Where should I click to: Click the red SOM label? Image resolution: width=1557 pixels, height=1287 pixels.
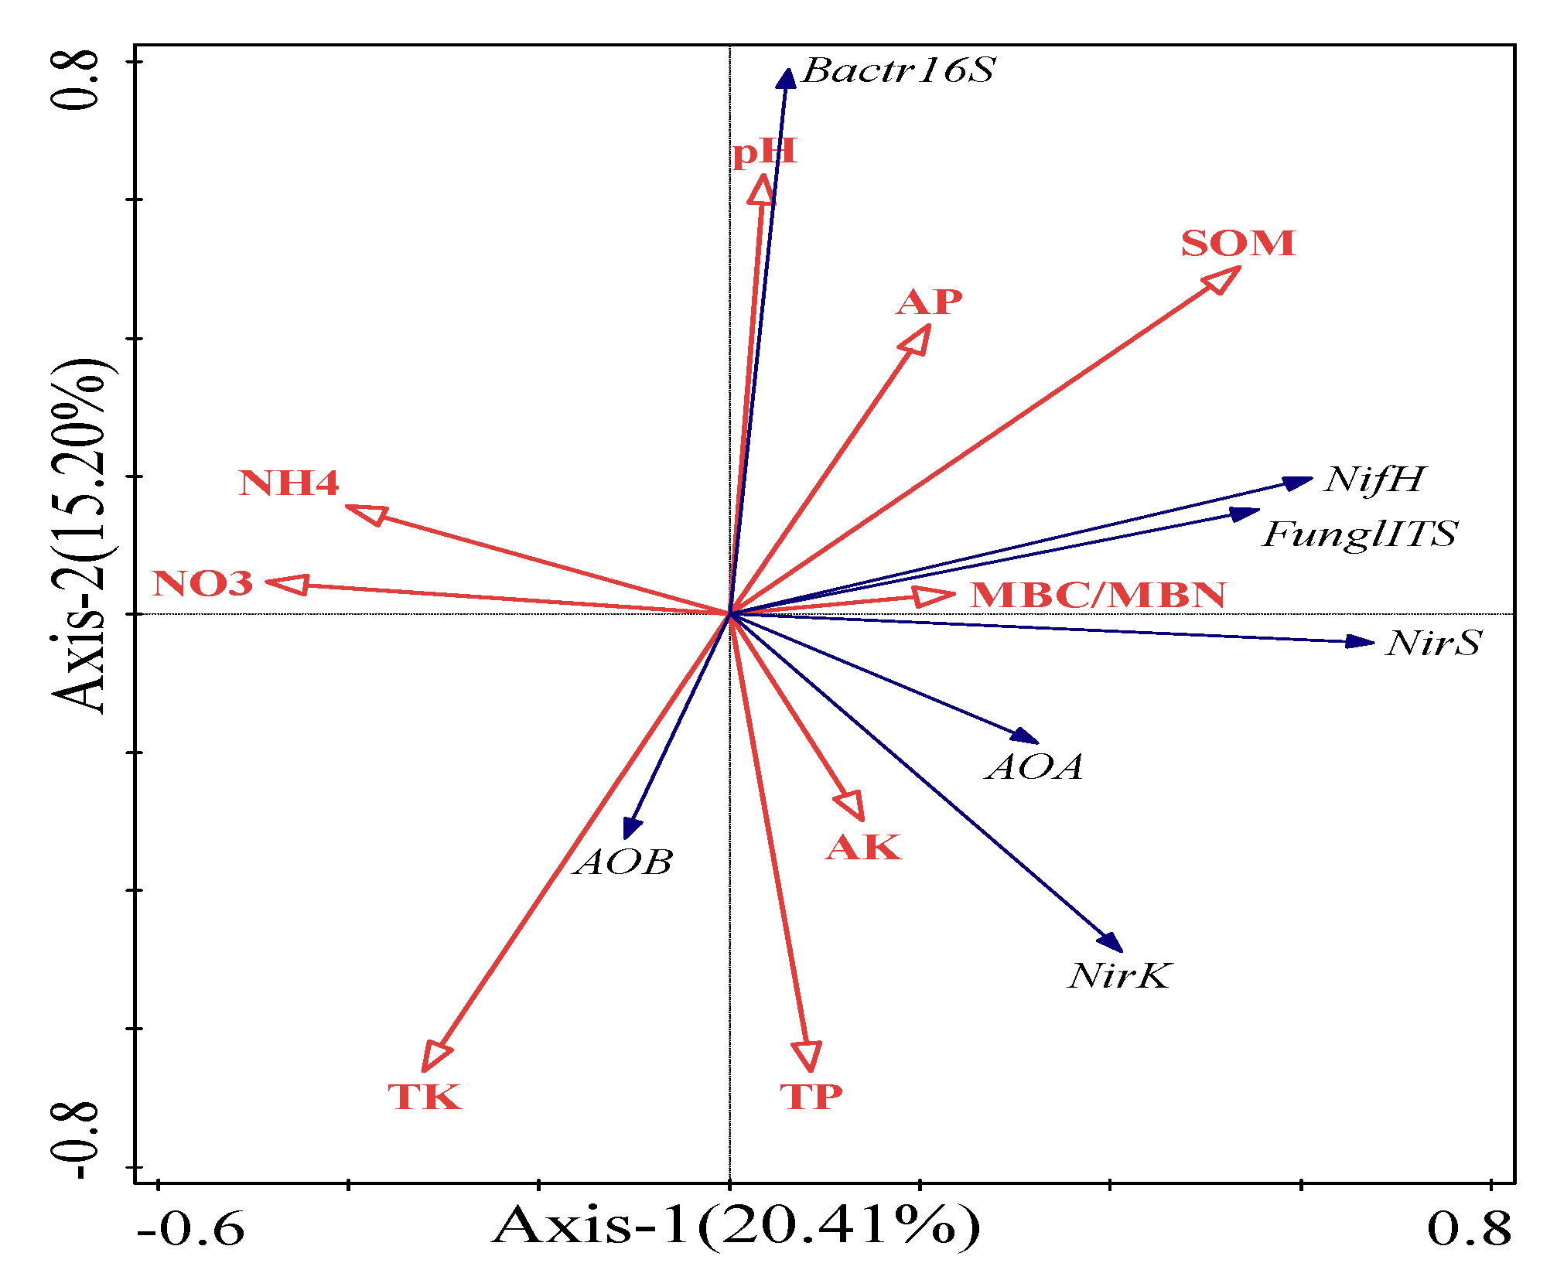tap(1238, 244)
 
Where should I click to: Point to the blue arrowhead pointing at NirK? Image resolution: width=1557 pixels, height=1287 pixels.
tap(1111, 942)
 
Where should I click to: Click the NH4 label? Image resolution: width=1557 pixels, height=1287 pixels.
tap(289, 483)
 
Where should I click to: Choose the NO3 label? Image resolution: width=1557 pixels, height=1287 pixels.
tap(203, 584)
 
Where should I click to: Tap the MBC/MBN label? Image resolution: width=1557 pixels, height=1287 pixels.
tap(1098, 596)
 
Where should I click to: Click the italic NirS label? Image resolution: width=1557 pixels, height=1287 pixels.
tap(1433, 643)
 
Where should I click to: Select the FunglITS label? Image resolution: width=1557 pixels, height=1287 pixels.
tap(1360, 534)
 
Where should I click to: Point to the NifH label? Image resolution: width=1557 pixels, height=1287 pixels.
tap(1374, 480)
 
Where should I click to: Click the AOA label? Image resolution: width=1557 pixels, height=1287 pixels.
tap(1035, 767)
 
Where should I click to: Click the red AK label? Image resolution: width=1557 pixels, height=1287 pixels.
tap(864, 848)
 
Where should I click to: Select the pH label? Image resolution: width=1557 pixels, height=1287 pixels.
tap(764, 152)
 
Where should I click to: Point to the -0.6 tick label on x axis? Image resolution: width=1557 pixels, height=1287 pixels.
tap(190, 1229)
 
